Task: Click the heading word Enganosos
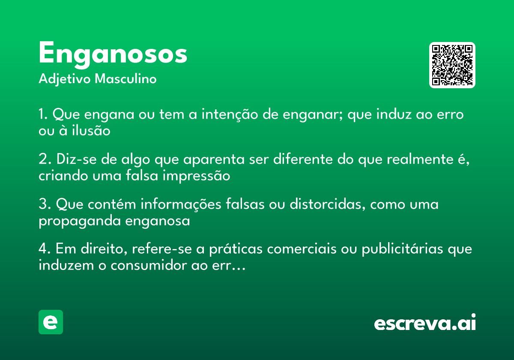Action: tap(113, 54)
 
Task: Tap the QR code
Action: tap(452, 65)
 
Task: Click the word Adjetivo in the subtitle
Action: tap(65, 79)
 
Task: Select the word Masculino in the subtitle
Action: tap(126, 79)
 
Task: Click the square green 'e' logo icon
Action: tap(51, 322)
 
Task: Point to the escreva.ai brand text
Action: tap(425, 323)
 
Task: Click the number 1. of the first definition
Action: tap(43, 115)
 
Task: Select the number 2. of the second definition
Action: tap(44, 159)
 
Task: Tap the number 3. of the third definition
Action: tap(44, 204)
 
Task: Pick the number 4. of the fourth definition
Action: tap(45, 249)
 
